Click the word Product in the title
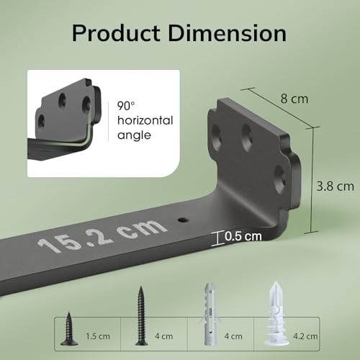click(x=116, y=33)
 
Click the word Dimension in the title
click(x=228, y=33)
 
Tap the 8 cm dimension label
click(x=294, y=99)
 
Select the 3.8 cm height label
click(x=335, y=186)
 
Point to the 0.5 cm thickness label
click(x=243, y=236)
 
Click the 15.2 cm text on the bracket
click(x=102, y=235)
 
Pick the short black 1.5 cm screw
click(x=69, y=328)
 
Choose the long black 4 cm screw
click(x=141, y=316)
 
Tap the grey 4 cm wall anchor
click(x=210, y=315)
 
